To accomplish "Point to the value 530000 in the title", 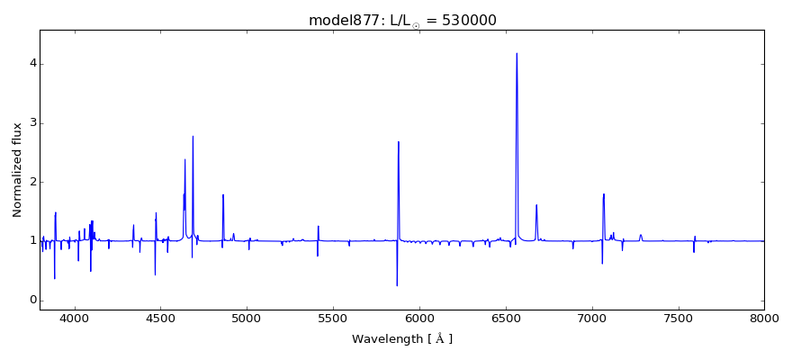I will [x=461, y=21].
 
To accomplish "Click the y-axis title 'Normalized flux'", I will [x=17, y=170].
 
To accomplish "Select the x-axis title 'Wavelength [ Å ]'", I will [x=401, y=338].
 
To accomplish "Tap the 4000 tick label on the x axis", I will [x=74, y=318].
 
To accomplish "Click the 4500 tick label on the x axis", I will [x=160, y=318].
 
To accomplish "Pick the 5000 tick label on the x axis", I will [x=247, y=318].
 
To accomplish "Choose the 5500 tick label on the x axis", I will [x=333, y=318].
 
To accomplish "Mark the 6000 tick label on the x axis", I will [x=419, y=318].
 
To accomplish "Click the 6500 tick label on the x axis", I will [x=506, y=318].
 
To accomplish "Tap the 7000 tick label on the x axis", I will [x=592, y=318].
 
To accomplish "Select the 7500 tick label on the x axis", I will [x=679, y=318].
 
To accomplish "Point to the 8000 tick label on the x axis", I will [x=764, y=318].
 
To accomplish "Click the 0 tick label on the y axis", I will [x=31, y=300].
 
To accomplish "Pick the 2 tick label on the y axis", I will [x=31, y=182].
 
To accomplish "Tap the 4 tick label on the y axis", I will [x=31, y=64].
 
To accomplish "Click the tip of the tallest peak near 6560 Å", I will [x=517, y=53].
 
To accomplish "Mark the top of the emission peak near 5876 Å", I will [x=399, y=141].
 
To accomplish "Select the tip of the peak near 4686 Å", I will [x=193, y=136].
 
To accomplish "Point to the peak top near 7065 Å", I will [x=604, y=193].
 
